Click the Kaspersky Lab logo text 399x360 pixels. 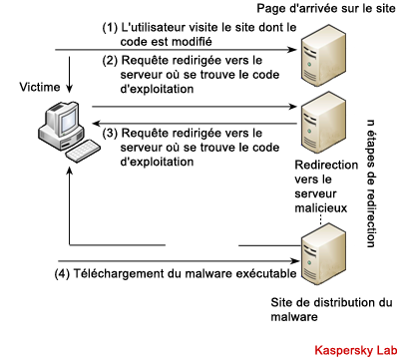pos(355,350)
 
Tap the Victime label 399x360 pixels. pos(40,87)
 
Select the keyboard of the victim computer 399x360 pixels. pos(83,151)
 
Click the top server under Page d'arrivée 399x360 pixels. pos(323,58)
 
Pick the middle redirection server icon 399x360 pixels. pos(323,123)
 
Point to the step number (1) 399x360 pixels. pos(110,28)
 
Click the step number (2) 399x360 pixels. pos(110,61)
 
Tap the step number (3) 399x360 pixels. pos(110,134)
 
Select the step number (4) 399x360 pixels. pos(62,274)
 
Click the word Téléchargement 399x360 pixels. pos(128,273)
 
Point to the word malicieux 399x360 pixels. pos(321,208)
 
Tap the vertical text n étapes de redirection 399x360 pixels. pos(370,183)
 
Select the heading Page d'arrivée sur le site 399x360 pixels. pos(326,8)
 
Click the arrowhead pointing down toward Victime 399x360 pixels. pos(69,89)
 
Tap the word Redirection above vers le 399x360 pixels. pos(326,165)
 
